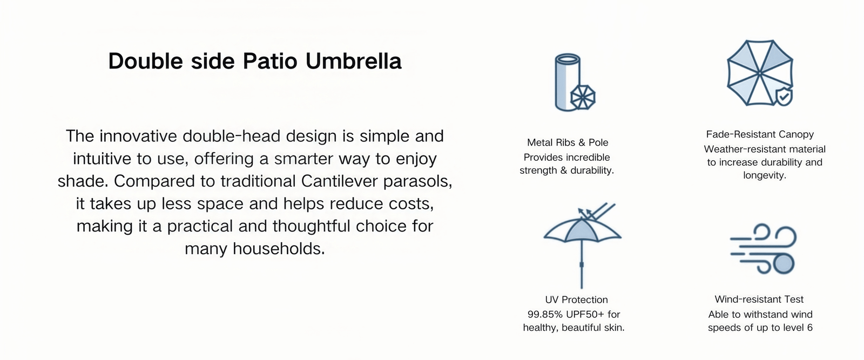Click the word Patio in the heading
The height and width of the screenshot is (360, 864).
(270, 62)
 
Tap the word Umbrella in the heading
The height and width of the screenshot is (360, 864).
(353, 62)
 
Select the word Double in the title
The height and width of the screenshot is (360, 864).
(145, 62)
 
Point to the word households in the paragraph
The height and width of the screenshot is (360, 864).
(279, 249)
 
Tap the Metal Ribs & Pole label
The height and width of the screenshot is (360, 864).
(568, 142)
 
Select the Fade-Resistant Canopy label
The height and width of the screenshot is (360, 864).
(760, 134)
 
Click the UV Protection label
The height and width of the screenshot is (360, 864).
(576, 300)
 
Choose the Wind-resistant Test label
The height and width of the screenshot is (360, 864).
(759, 300)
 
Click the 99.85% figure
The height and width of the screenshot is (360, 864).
(545, 315)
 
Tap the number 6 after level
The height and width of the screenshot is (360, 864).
(809, 328)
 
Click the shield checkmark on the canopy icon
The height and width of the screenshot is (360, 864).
(784, 97)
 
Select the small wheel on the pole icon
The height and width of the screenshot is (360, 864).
(583, 98)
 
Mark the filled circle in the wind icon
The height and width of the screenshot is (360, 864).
(784, 264)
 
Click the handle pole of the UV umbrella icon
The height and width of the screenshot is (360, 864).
(582, 265)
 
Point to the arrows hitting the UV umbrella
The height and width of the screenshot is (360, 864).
(596, 212)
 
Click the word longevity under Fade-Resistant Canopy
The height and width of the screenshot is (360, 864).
(765, 176)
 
